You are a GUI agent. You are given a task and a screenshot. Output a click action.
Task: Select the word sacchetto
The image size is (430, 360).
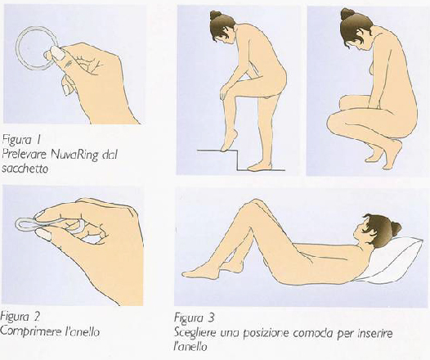pos(25,169)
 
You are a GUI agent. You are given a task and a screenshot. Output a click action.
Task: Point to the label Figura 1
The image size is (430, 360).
pos(21,141)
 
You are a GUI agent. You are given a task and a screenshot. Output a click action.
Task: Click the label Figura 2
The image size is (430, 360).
pos(20,317)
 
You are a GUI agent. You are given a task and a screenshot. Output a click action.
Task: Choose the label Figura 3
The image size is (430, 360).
pos(194,318)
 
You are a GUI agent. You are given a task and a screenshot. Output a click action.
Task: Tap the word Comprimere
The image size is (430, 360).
pos(30,332)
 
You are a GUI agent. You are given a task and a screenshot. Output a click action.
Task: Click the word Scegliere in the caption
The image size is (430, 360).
pos(195,334)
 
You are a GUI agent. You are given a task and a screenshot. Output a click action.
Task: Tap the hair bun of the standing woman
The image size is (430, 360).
pos(216,15)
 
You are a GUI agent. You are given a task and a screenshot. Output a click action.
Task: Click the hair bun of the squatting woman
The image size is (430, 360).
pos(347,14)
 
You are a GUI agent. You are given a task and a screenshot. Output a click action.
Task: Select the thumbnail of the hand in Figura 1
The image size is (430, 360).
pos(58,52)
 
